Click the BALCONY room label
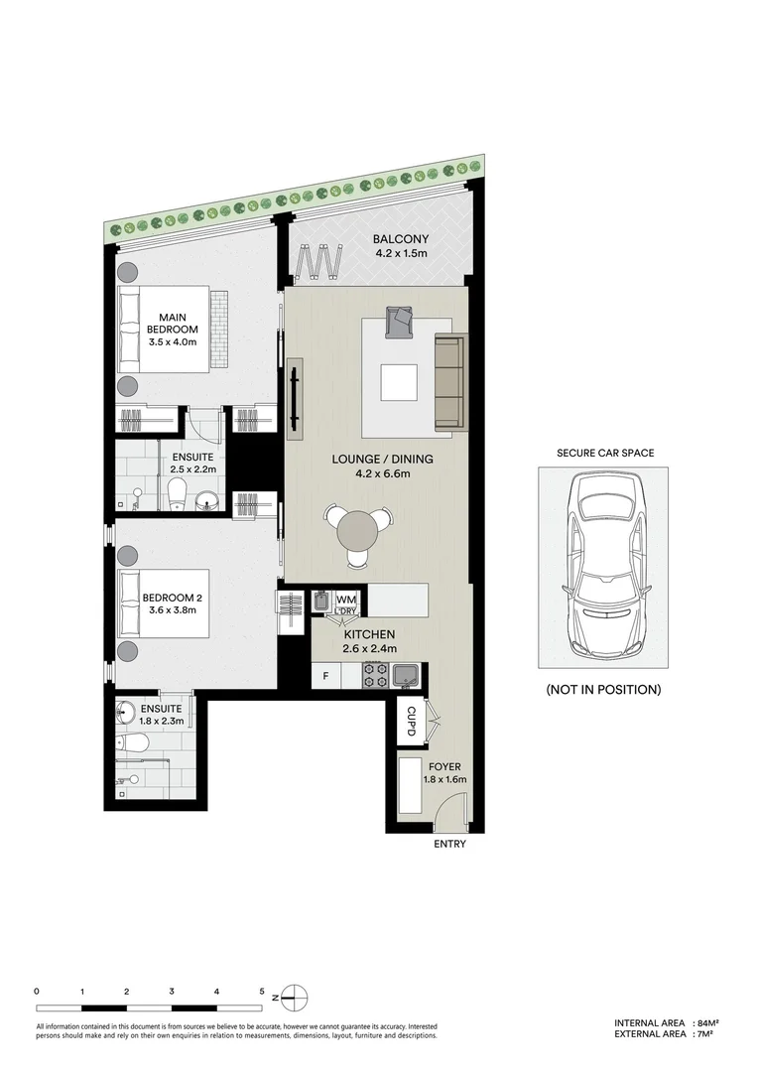point(400,239)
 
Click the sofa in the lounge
point(449,381)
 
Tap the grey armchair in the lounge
point(400,321)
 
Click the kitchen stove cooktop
point(376,676)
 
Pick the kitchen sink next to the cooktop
point(407,676)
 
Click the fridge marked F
point(324,677)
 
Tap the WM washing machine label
point(345,600)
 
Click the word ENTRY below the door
point(449,845)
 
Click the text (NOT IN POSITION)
point(603,689)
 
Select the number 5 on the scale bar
point(262,991)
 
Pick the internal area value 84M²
point(708,1022)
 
